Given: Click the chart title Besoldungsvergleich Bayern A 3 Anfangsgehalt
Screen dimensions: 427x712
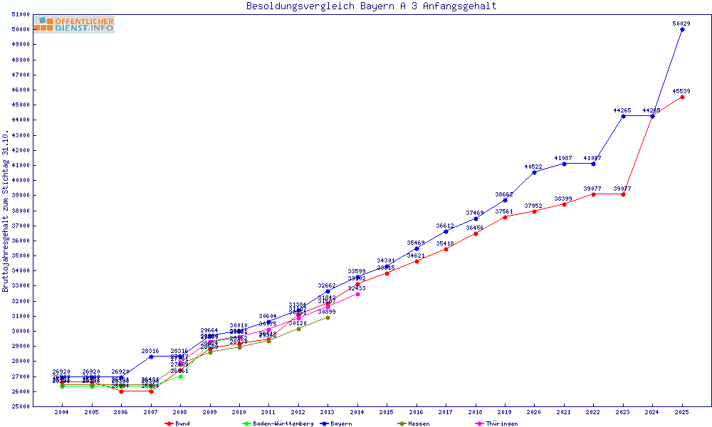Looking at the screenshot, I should pos(371,6).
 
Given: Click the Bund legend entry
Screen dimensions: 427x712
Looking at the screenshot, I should pos(178,423).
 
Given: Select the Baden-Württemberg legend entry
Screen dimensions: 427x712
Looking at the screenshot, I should pos(278,423).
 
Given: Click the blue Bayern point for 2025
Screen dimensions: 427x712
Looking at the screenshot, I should pos(682,29).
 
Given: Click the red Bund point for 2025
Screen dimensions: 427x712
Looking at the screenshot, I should pos(682,97).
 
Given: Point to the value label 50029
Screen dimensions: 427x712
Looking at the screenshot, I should pos(681,23).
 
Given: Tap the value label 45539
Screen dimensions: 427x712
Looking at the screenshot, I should pos(681,91).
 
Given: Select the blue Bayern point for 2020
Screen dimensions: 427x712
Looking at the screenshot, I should pos(534,172).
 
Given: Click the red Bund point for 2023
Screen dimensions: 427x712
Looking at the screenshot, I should pos(623,194).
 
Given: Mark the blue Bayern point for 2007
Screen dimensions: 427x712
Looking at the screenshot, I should pos(151,357).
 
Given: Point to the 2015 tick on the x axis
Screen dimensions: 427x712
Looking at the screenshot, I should pos(387,412).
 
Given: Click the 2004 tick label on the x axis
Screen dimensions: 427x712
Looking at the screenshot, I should pos(62,412).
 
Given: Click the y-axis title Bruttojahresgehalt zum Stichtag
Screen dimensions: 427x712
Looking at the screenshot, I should pos(6,211).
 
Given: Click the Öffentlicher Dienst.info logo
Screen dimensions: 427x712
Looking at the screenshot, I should pos(73,24).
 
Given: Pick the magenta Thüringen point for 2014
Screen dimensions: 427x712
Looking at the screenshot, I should pos(357,294).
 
